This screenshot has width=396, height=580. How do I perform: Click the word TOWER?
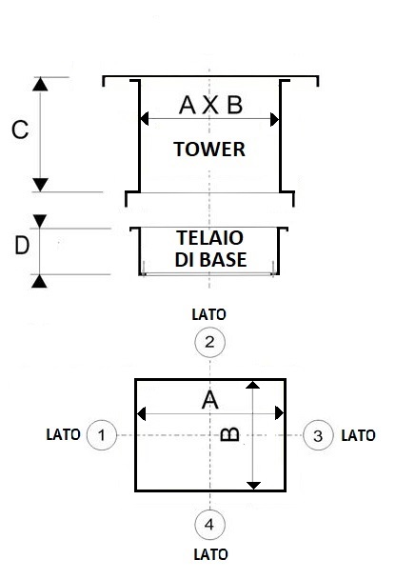click(209, 150)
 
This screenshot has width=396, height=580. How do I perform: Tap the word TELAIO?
click(209, 238)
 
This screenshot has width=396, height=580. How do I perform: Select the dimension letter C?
click(20, 130)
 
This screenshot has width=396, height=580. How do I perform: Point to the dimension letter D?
click(22, 246)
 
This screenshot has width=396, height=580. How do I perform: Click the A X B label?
click(210, 105)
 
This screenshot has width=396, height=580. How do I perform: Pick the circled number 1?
click(102, 435)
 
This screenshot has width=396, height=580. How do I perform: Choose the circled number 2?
click(209, 342)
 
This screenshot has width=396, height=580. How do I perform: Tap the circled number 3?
click(318, 435)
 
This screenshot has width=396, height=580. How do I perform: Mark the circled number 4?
click(209, 525)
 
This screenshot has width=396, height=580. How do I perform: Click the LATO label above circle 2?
click(208, 315)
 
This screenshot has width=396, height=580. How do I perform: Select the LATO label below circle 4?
click(210, 554)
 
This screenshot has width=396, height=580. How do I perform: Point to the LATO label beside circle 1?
click(63, 434)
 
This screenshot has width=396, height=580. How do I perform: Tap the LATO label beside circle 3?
click(358, 435)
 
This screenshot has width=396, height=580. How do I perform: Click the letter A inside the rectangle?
click(210, 400)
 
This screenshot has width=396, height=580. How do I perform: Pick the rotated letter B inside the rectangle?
click(229, 434)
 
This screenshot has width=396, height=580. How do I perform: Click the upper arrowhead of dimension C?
click(40, 85)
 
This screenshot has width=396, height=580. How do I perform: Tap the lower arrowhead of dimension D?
click(39, 282)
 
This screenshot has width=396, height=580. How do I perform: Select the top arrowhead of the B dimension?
click(253, 385)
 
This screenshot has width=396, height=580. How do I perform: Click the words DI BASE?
click(210, 260)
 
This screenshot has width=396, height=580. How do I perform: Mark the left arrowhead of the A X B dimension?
click(145, 119)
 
